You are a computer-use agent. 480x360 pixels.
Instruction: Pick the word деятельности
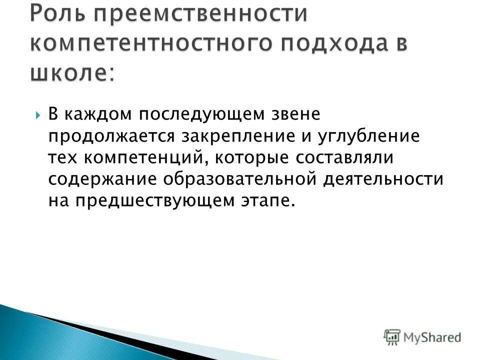pos(383,179)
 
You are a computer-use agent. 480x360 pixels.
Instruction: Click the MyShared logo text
pos(432,337)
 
